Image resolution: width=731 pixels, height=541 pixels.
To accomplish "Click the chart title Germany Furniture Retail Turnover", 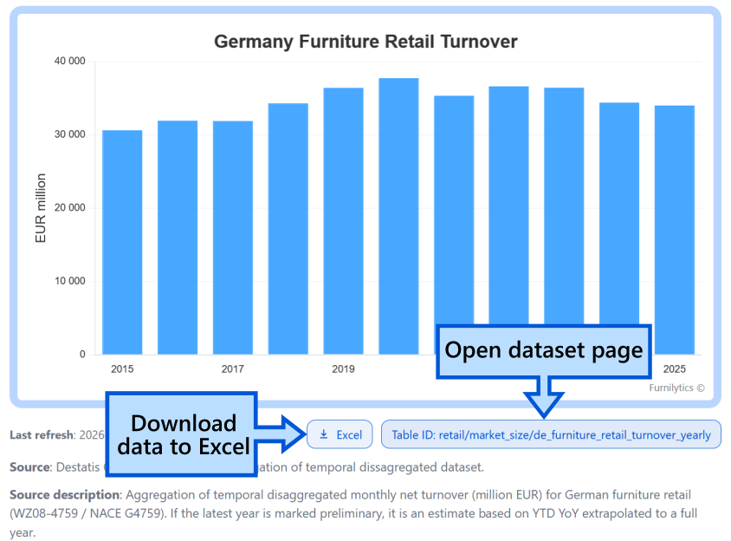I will [365, 42].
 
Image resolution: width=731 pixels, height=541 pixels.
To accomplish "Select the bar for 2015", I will [122, 242].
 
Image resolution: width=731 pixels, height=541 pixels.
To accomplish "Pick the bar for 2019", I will [344, 220].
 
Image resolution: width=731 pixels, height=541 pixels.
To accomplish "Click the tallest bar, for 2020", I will [398, 216].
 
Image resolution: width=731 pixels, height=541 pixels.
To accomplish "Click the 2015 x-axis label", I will [122, 369].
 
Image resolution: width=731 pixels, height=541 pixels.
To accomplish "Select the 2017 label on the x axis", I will [233, 369].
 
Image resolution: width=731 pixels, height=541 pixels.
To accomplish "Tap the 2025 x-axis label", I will [675, 369].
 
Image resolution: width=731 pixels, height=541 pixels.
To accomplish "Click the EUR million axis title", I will [41, 208].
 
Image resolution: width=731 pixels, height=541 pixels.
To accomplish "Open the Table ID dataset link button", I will [551, 434].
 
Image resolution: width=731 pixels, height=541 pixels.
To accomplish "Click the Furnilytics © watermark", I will [676, 388].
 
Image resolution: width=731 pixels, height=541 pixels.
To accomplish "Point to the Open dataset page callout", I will [544, 351].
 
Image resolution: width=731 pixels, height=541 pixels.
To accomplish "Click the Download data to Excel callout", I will [183, 434].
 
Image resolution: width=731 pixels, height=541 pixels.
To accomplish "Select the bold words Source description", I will [65, 494].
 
